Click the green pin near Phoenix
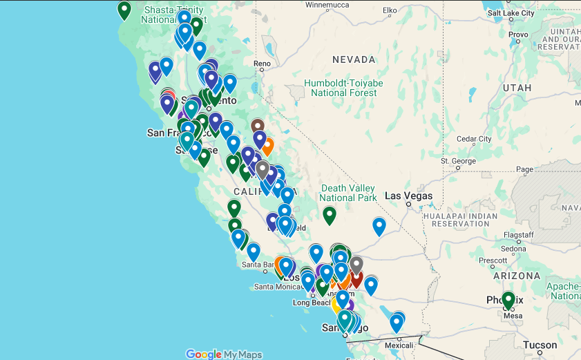tap(508, 301)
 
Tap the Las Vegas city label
tap(409, 196)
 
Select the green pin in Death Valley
tap(330, 216)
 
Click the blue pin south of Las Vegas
tap(379, 226)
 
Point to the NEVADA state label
tap(354, 60)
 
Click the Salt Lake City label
tap(511, 13)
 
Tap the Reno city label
tap(263, 64)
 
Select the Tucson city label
tap(540, 345)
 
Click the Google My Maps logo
tap(224, 354)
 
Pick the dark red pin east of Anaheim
tap(356, 278)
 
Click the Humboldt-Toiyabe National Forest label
tap(343, 88)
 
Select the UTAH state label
tap(517, 88)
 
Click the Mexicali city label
tap(398, 344)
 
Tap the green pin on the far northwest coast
tap(124, 10)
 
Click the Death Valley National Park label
tap(348, 193)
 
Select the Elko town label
tap(390, 10)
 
